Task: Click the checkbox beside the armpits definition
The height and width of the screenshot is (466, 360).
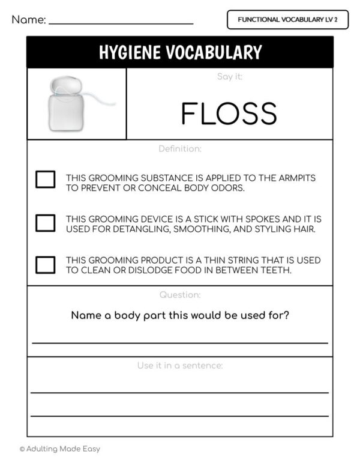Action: click(45, 180)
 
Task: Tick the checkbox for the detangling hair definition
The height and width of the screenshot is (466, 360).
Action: click(45, 223)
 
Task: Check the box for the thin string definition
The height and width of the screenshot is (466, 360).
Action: click(45, 264)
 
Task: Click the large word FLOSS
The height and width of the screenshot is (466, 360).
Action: click(229, 113)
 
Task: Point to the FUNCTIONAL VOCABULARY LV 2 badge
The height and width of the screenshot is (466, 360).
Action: click(287, 20)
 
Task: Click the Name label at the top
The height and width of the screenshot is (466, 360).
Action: click(28, 20)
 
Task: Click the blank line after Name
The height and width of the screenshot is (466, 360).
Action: click(121, 23)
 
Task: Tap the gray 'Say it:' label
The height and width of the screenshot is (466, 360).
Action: click(229, 77)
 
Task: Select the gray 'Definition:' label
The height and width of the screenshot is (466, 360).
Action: click(180, 148)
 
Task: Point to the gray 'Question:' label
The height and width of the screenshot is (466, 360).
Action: click(180, 295)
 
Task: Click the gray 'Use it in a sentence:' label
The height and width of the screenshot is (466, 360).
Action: click(180, 365)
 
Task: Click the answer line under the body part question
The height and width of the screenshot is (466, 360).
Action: click(180, 342)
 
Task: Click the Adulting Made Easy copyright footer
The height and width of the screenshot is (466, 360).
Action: click(59, 449)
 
